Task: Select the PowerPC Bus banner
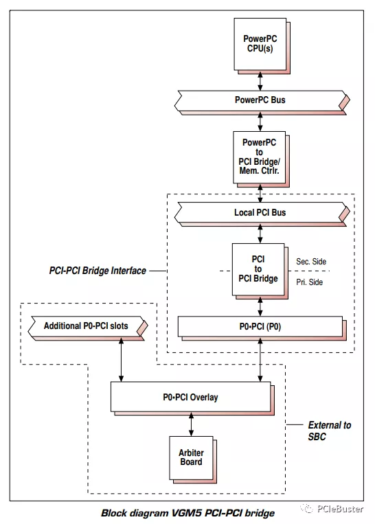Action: [260, 100]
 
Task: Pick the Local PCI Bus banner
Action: [260, 213]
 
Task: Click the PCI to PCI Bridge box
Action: [258, 270]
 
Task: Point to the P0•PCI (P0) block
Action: [260, 327]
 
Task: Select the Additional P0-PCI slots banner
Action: [85, 325]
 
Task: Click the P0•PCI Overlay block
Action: [190, 398]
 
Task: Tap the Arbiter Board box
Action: [191, 457]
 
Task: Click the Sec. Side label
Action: [311, 262]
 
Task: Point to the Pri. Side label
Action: [310, 282]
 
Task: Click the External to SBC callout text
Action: [328, 431]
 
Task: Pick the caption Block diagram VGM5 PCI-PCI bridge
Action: [187, 513]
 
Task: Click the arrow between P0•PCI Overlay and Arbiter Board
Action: [191, 424]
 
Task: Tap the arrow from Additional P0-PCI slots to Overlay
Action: [122, 359]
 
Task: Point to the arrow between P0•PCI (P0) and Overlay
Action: [260, 360]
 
